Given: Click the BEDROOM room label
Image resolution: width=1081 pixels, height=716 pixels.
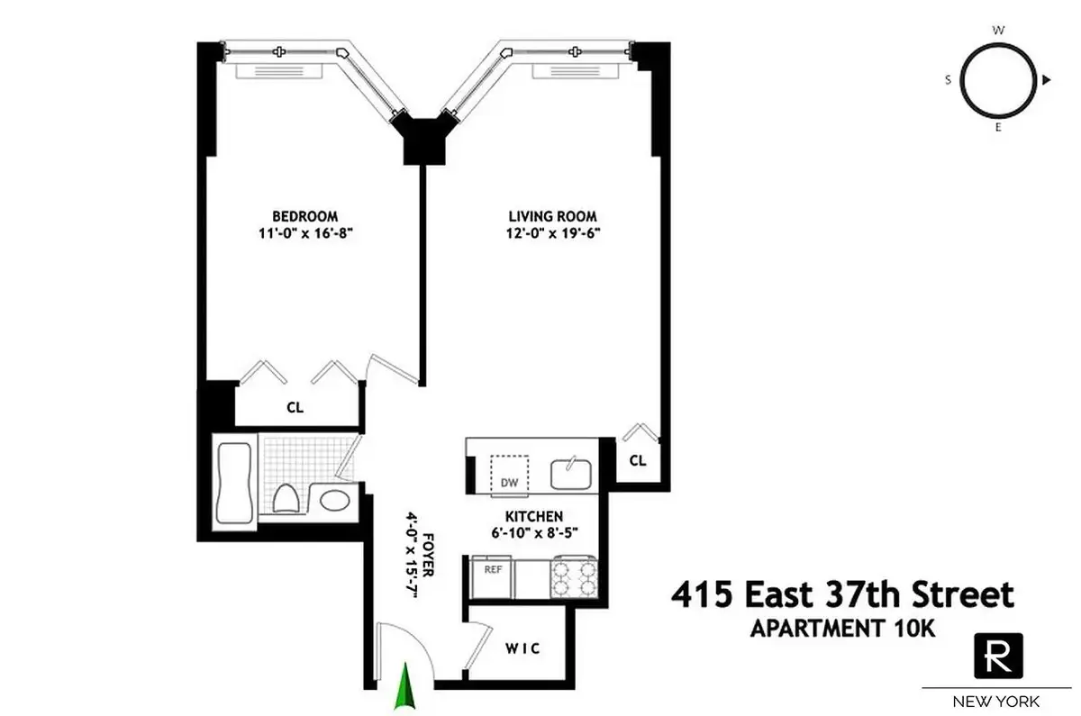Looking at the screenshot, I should tap(305, 215).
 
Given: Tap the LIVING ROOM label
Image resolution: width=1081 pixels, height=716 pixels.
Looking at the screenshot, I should tap(552, 215).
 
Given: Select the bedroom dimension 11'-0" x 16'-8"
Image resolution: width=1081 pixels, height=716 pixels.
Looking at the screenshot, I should tap(305, 231).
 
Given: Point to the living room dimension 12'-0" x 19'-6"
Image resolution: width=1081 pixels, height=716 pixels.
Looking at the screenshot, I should tap(552, 231).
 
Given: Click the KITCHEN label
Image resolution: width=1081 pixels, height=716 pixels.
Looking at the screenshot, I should tap(534, 516).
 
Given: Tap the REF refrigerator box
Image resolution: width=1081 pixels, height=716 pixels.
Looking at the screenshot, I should tap(493, 569).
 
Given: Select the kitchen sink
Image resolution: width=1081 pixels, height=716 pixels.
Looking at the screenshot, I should tap(570, 468).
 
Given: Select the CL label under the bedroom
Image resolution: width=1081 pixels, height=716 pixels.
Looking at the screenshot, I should tap(295, 407).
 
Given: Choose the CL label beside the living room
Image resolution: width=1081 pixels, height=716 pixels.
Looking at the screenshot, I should tap(638, 460).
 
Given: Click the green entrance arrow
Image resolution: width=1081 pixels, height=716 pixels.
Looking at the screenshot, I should tap(408, 685).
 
